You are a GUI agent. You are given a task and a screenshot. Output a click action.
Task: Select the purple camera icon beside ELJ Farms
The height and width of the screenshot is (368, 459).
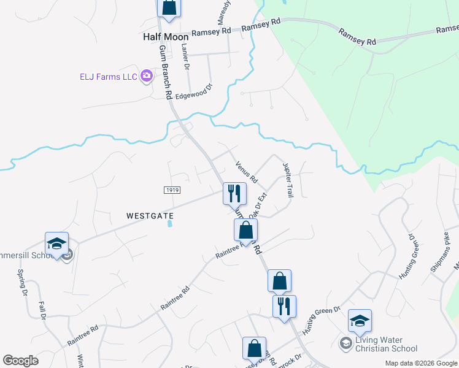[147, 77]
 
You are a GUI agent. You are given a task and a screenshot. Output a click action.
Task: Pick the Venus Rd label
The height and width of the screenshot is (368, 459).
[245, 172]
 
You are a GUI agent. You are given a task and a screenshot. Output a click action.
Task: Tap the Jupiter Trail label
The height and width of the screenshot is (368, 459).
[287, 179]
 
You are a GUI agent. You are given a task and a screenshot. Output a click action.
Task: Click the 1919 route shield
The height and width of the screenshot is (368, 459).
[172, 190]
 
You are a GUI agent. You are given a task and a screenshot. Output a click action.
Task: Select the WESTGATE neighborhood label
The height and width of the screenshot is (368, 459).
[150, 216]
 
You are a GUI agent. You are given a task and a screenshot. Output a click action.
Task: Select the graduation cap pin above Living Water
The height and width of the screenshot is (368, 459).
[360, 320]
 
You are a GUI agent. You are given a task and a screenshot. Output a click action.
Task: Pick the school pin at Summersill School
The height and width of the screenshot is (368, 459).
[56, 243]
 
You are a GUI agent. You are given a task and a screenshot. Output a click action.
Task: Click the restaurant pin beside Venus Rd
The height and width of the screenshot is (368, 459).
[234, 194]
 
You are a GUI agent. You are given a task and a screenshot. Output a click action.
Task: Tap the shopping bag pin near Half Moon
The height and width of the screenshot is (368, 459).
[169, 8]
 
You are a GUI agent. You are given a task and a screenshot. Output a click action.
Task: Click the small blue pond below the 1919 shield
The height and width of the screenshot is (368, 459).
[169, 224]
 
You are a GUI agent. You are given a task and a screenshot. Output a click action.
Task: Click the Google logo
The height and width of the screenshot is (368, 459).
[21, 361]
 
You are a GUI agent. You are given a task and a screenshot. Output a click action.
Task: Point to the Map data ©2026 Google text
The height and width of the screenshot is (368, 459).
[420, 363]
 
